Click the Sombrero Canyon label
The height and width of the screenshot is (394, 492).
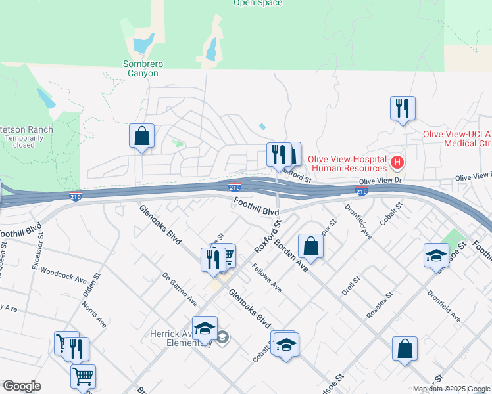(x=143, y=68)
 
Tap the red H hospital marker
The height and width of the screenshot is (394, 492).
(x=397, y=162)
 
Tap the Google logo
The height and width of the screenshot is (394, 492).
(x=22, y=386)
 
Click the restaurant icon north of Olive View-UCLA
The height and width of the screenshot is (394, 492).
(x=403, y=107)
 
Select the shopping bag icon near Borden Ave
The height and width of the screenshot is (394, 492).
(x=310, y=246)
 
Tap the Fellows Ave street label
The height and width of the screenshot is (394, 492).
(x=267, y=278)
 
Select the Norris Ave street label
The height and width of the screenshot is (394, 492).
(x=93, y=313)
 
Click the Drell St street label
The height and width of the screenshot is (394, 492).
(x=348, y=286)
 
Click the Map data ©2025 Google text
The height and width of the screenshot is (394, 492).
(x=452, y=389)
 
